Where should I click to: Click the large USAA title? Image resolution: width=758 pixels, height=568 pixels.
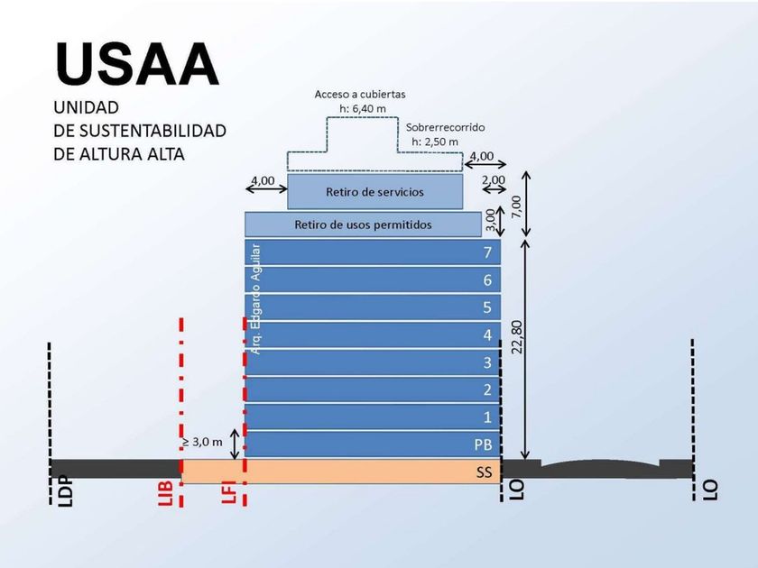coord(137,65)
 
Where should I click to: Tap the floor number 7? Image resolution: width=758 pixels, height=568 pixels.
coord(487,252)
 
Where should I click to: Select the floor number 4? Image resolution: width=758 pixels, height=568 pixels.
coord(487,334)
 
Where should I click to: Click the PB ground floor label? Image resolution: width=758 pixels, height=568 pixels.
coord(483,444)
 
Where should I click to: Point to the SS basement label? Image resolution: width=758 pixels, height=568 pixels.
coord(484,472)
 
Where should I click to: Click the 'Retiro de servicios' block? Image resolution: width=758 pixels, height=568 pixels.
coord(375,192)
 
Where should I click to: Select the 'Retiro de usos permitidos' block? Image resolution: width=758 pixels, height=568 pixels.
coord(363,224)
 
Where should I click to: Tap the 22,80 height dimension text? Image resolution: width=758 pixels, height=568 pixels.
coord(517,336)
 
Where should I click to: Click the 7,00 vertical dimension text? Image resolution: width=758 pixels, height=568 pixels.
coord(517,207)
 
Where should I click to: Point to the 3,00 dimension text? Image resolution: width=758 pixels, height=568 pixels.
coord(490,220)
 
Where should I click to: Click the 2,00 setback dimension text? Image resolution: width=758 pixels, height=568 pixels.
coord(494,180)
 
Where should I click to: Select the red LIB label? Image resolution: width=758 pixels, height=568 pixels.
coord(166,493)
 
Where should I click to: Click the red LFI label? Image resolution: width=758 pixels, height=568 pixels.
coord(228,491)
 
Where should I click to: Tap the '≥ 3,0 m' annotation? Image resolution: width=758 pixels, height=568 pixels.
coord(202,442)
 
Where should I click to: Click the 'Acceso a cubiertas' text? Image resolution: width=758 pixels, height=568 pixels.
coord(360,94)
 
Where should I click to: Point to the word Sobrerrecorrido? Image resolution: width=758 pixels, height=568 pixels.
coord(445,127)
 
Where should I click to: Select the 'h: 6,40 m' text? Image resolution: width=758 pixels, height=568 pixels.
coord(363,109)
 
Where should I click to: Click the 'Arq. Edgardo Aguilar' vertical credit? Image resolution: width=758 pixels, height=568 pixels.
coord(256,299)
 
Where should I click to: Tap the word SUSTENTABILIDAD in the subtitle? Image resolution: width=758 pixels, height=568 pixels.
coord(153,131)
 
